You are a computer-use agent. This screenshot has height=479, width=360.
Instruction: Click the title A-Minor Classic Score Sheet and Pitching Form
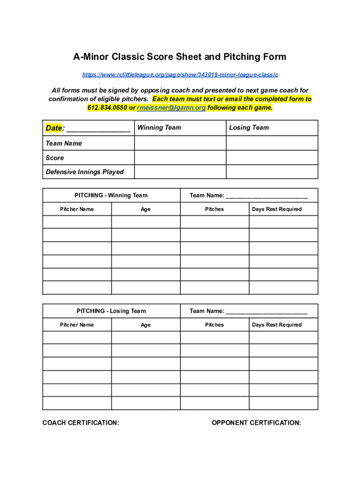[180, 57]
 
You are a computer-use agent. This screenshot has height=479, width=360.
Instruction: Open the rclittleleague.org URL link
[180, 75]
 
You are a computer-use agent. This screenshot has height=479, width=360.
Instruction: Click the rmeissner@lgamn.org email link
[171, 108]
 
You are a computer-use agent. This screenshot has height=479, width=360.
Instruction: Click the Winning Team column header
[159, 128]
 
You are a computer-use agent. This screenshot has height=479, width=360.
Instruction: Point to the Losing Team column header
[249, 128]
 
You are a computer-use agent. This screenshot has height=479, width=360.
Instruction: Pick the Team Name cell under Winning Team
[180, 143]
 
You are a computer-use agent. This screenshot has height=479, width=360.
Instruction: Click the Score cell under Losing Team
[272, 158]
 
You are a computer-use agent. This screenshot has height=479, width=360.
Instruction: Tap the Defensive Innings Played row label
[85, 172]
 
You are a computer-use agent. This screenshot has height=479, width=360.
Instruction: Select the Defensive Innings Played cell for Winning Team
[180, 172]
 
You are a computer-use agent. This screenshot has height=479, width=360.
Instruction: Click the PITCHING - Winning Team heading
[111, 195]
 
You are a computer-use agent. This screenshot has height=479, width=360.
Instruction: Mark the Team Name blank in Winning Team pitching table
[266, 196]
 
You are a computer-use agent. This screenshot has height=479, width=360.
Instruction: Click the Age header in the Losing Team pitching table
[145, 325]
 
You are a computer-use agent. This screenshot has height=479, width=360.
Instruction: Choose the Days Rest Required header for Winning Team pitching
[277, 209]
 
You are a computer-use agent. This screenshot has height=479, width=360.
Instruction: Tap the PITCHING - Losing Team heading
[111, 311]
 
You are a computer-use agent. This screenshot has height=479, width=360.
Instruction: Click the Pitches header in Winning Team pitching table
[214, 209]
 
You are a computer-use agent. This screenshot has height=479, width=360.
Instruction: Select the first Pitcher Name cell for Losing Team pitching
[77, 337]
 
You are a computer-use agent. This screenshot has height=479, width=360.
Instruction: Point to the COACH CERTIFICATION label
[81, 423]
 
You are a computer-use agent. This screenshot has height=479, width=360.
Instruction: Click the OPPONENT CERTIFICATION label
[256, 423]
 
